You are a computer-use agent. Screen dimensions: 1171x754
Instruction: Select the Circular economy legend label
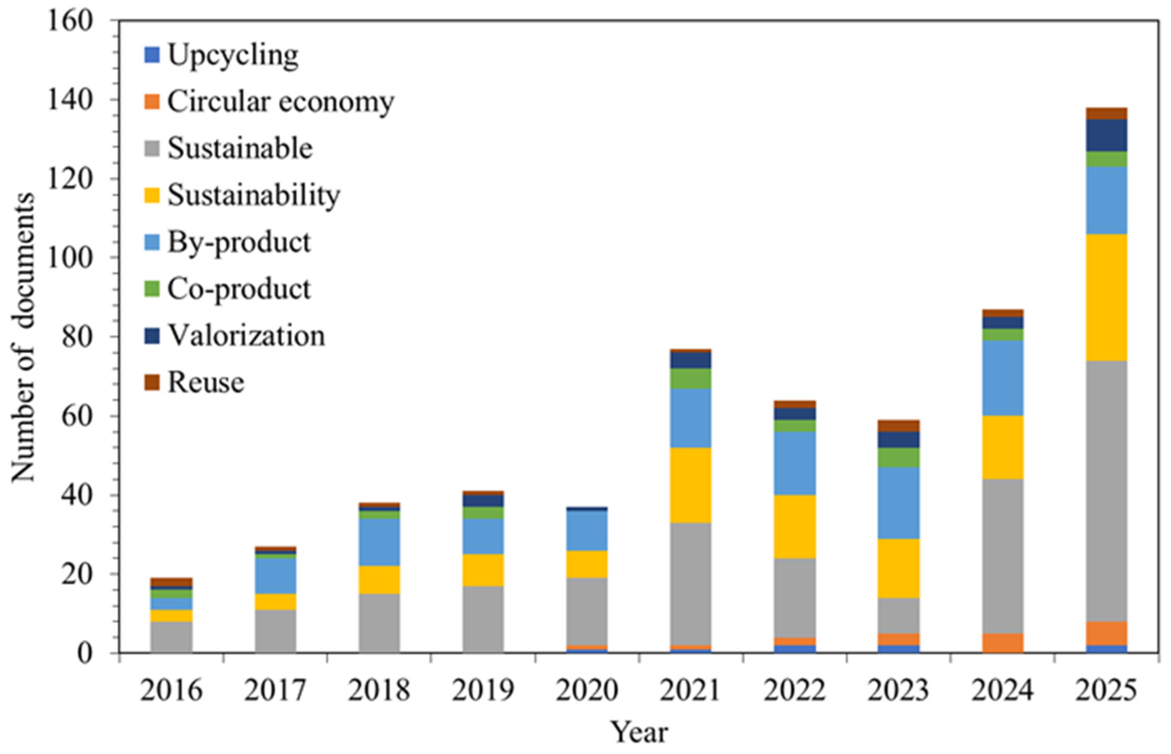point(269,102)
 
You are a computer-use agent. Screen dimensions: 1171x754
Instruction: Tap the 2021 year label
point(690,690)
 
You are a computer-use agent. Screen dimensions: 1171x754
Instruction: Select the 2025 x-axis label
point(1107,690)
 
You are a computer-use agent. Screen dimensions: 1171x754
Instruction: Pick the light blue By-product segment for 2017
point(276,576)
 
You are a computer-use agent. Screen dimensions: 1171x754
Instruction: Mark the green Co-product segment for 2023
point(898,458)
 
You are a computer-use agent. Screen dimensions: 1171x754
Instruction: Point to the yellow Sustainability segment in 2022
point(795,527)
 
